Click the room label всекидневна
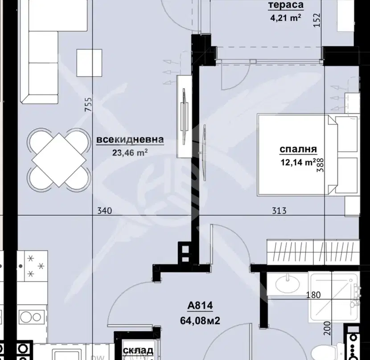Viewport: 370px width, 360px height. [130, 139]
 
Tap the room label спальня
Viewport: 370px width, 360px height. [298, 149]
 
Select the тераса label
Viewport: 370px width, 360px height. [286, 5]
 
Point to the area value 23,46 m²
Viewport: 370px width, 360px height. [130, 153]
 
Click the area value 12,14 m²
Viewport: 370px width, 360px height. [298, 162]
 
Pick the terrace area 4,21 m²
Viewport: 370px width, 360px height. [285, 18]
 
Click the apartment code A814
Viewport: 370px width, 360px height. [200, 306]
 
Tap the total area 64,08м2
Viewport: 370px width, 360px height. [200, 321]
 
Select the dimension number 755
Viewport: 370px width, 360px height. [88, 104]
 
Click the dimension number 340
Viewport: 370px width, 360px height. [104, 210]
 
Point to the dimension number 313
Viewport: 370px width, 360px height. [279, 210]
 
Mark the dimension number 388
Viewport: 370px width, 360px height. [320, 165]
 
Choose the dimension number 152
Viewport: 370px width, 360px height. [317, 20]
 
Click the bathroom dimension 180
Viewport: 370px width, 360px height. [313, 295]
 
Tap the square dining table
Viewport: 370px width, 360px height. [59, 160]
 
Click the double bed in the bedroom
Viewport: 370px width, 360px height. [308, 155]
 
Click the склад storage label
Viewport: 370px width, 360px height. [138, 351]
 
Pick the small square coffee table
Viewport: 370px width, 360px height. [89, 63]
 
